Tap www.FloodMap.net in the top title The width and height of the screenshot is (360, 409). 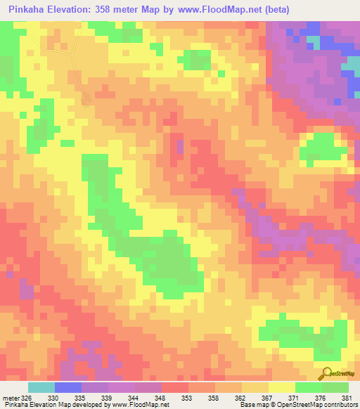click(219, 8)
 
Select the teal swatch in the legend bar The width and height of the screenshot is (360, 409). click(41, 387)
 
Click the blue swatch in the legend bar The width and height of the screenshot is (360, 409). click(68, 387)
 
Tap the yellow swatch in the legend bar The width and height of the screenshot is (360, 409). click(281, 387)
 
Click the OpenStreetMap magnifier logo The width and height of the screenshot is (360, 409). click(326, 373)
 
